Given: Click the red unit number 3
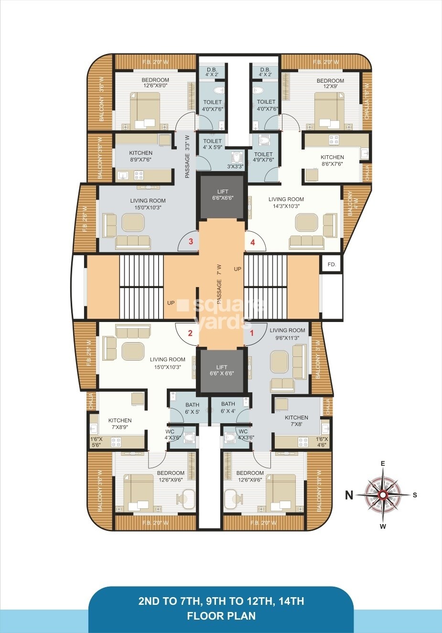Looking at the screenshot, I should coord(191,241).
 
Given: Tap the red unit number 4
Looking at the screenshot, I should coord(252,242).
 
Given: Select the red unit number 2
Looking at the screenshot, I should coord(190,333).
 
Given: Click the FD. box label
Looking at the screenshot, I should coord(332,264).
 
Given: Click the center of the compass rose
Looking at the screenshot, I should coord(383,495).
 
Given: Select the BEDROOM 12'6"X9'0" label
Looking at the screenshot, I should coord(155,83).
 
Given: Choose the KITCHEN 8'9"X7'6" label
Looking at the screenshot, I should coord(140,157).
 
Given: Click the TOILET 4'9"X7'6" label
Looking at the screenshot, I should coord(263,157).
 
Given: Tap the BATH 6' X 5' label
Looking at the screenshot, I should coord(192,408).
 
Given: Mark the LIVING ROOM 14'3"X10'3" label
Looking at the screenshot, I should coord(286,203).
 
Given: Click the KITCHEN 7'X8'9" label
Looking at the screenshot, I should coord(120,424).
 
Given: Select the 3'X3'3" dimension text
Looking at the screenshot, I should coord(235,167).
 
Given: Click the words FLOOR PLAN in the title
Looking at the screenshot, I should coord(221,616).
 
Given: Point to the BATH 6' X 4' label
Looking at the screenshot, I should coord(228,407).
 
